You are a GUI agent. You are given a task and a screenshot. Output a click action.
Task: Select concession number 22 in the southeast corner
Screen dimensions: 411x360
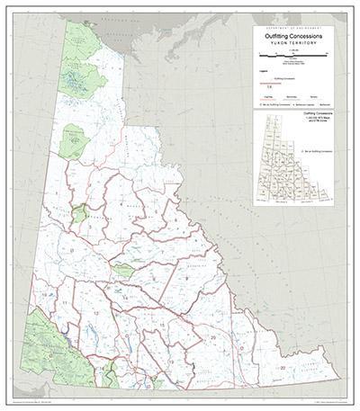pos(283,368)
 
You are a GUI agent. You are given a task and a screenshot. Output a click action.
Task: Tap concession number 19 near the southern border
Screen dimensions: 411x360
pos(168,360)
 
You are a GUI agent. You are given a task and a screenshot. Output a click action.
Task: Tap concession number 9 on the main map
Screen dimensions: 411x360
pos(185,277)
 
